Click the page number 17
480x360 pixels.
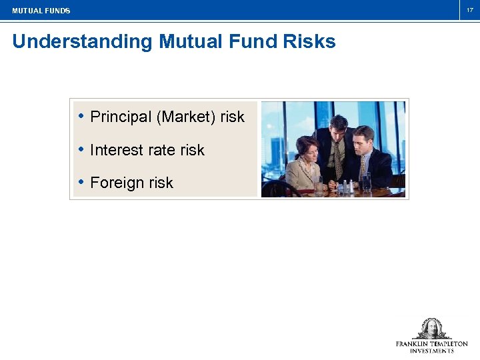point(469,10)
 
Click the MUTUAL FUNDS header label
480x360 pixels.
point(41,11)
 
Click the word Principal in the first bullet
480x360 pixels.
point(121,117)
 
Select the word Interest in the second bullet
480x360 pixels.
point(114,150)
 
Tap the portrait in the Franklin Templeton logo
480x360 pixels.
point(431,329)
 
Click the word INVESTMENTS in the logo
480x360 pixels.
point(431,351)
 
